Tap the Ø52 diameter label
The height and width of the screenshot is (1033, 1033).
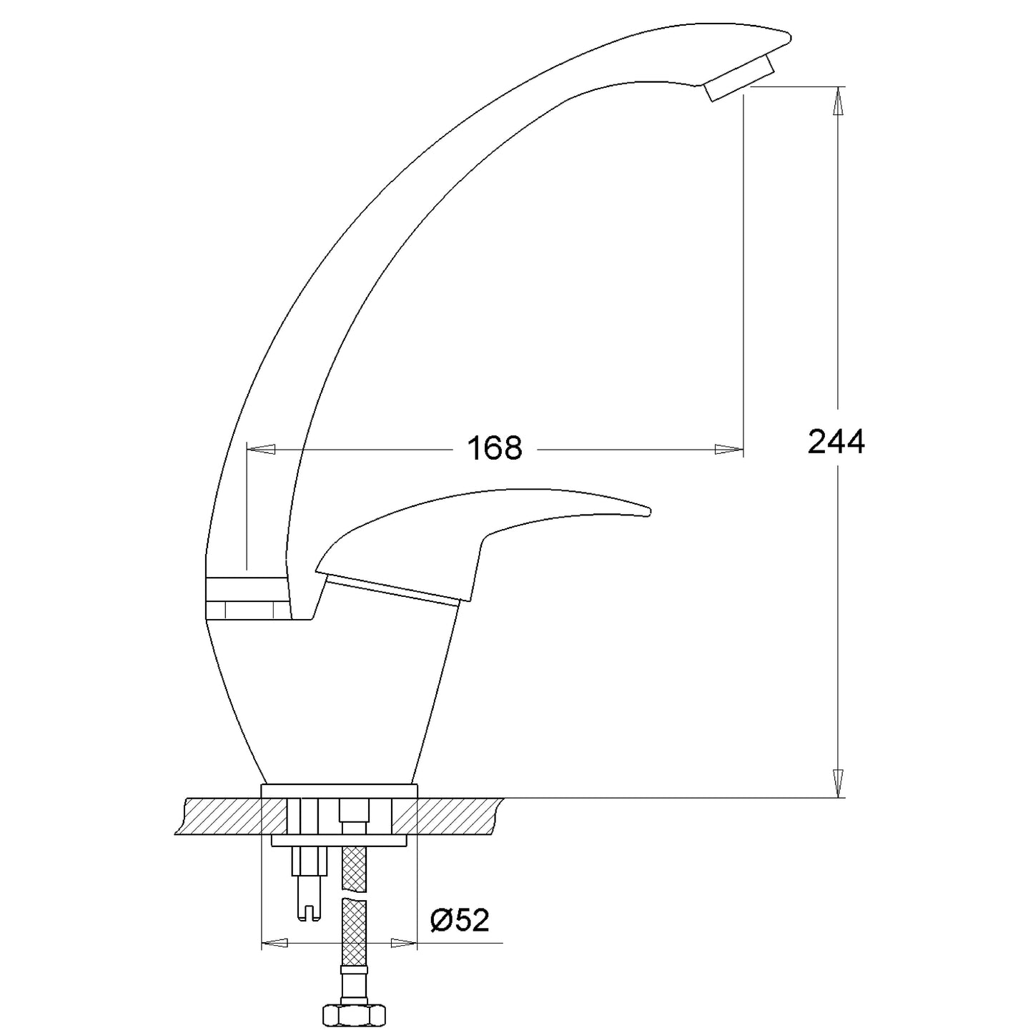click(460, 921)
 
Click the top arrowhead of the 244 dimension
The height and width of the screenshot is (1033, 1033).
click(837, 101)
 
